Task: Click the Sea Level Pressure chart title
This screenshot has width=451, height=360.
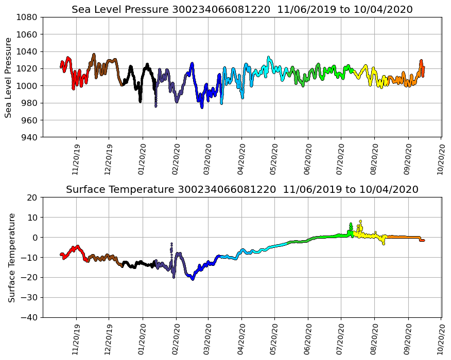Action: [242, 9]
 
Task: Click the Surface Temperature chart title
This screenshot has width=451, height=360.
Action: [242, 189]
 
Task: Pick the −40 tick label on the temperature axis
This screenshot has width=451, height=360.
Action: [30, 317]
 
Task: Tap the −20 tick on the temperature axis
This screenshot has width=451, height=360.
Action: [30, 278]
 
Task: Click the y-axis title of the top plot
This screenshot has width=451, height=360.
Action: [9, 77]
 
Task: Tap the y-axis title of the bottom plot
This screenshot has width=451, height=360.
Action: [11, 257]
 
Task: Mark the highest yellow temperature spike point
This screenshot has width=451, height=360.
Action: [360, 221]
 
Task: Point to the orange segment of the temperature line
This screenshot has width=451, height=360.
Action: [402, 237]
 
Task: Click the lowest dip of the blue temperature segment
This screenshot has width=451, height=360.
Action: [193, 279]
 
